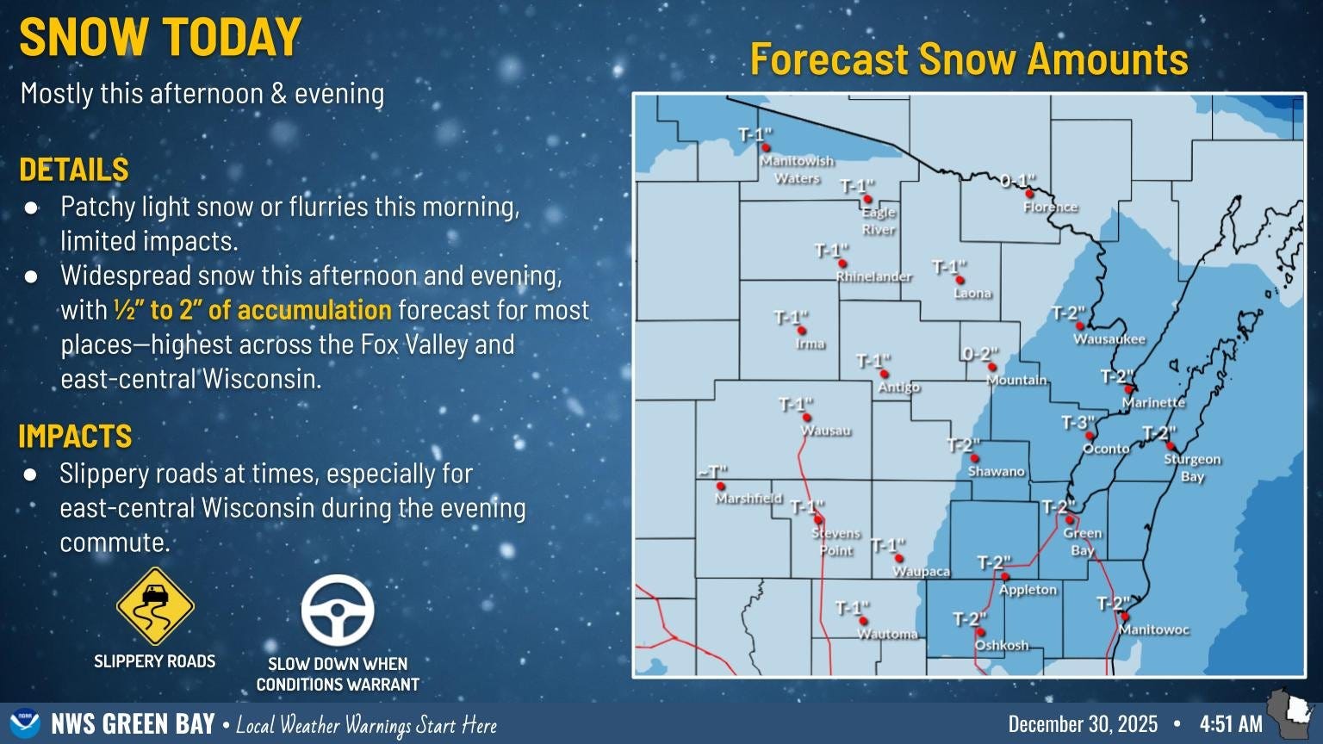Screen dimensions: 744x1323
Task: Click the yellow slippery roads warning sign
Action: [x=155, y=606]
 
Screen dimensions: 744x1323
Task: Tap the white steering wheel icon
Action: [x=337, y=610]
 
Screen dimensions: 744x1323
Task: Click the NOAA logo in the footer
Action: [x=25, y=723]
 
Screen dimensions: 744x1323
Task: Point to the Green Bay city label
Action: [x=1082, y=542]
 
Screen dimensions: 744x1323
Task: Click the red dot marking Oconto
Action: [x=1090, y=436]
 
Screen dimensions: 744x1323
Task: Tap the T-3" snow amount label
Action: [x=1077, y=423]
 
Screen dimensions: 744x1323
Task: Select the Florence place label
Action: [x=1050, y=208]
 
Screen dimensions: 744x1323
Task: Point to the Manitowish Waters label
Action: [x=797, y=170]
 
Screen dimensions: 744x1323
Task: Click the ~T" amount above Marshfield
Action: [x=712, y=472]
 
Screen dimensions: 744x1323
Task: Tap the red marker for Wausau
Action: [x=807, y=418]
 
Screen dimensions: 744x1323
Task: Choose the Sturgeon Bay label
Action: [x=1192, y=468]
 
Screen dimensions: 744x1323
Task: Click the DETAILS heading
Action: [x=74, y=170]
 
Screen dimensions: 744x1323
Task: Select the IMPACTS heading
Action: [x=75, y=437]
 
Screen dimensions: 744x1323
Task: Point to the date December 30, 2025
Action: [x=1083, y=724]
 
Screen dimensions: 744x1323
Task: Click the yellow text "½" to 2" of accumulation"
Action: [x=252, y=310]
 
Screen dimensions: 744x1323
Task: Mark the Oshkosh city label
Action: [x=1001, y=645]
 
